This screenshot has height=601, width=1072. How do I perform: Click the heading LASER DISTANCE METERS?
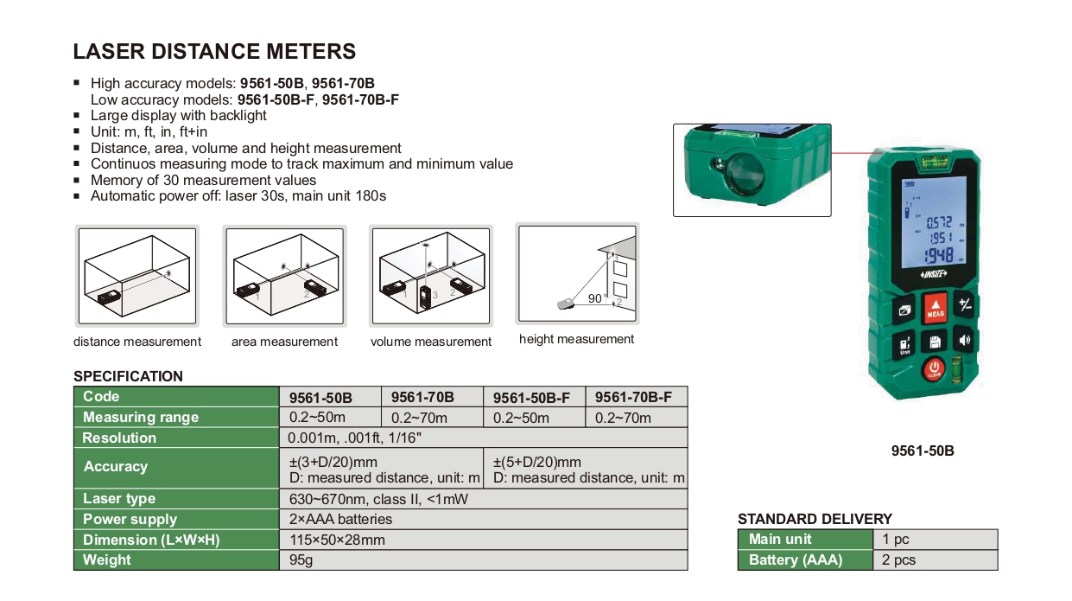(214, 51)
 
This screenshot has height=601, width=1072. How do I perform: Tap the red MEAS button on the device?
(935, 308)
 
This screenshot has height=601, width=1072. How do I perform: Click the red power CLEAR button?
(934, 370)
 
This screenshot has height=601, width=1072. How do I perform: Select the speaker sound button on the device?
(964, 341)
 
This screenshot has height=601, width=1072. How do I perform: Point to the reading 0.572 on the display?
(939, 223)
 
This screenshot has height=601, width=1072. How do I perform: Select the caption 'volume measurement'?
(431, 342)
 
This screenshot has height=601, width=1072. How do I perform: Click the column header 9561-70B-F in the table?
(633, 397)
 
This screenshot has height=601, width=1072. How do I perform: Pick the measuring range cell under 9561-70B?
(419, 418)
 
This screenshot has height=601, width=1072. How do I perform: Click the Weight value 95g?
(301, 559)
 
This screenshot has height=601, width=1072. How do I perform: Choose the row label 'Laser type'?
(119, 498)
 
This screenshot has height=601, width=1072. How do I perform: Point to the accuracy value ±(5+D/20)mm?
(537, 462)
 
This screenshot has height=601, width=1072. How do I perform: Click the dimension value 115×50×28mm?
(337, 540)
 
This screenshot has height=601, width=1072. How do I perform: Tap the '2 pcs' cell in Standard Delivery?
(898, 559)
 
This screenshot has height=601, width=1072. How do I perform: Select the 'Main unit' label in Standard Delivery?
(780, 540)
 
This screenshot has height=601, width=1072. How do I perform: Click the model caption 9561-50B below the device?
(923, 451)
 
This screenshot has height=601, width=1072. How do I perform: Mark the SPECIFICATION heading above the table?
(128, 376)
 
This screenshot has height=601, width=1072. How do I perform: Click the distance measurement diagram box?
(137, 276)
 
